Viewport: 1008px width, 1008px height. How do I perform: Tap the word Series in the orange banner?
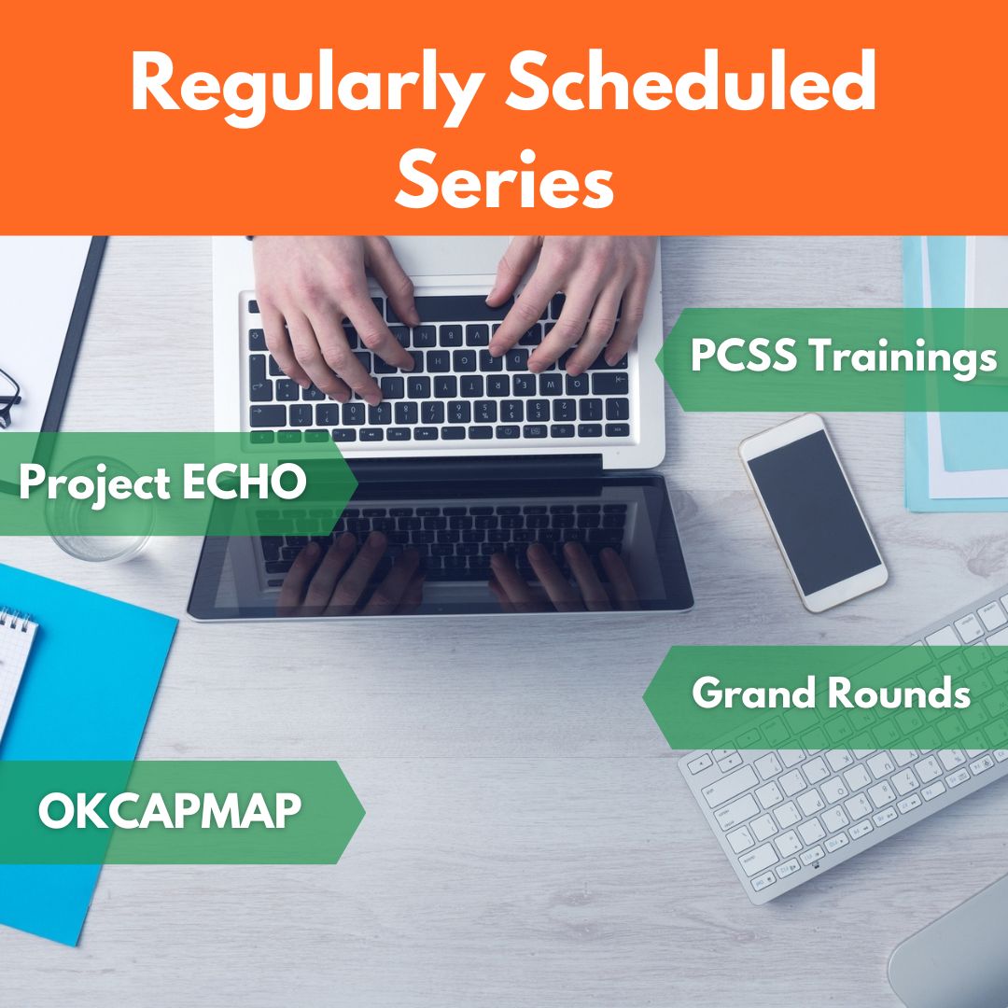pos(504,178)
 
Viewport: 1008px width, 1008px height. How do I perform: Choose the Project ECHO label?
pos(162,483)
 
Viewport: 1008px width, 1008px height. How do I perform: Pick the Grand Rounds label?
pos(831,693)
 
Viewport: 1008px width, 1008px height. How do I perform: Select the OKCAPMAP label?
pos(170,811)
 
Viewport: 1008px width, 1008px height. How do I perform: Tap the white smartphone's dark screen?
pos(814,512)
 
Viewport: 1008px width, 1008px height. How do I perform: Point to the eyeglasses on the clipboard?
pos(9,399)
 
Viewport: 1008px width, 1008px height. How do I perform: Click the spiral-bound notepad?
pos(14,668)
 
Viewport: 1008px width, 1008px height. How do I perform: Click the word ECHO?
pos(245,483)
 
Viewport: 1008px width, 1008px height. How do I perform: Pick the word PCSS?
pos(744,355)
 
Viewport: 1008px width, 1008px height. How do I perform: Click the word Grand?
pos(755,693)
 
